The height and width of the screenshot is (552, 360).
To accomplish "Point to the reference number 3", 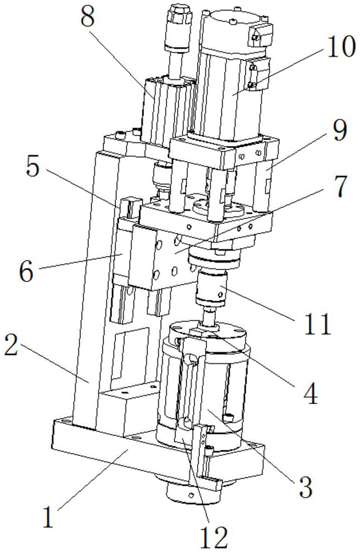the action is click(x=303, y=485).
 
